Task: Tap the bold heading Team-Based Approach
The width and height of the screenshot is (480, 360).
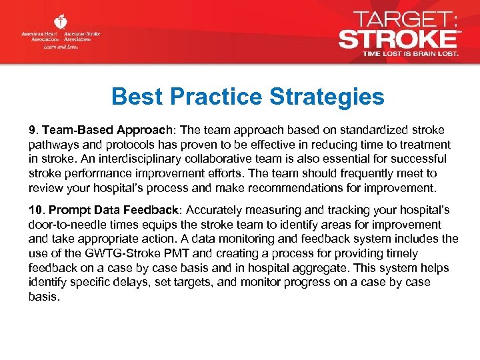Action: (92, 130)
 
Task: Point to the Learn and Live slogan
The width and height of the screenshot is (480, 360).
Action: (60, 47)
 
